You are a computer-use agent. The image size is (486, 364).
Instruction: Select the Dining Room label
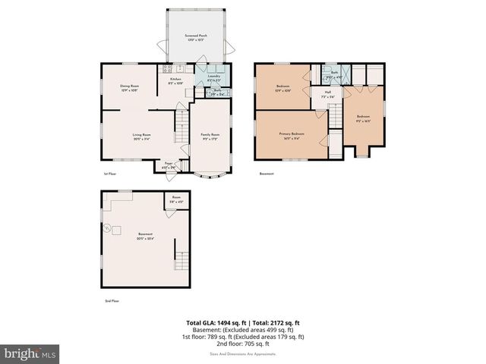[x=129, y=88]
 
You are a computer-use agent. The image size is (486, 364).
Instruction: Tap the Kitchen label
[x=175, y=81]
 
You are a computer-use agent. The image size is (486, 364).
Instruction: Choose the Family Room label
[x=210, y=136]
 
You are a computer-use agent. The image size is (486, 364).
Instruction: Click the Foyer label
[x=169, y=164]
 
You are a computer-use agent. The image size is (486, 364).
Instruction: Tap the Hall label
[x=327, y=95]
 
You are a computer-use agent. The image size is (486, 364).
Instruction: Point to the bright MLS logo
[x=30, y=353]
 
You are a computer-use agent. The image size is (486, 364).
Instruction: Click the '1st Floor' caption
[x=110, y=174]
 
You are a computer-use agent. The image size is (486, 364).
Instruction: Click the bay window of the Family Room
[x=209, y=175]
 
